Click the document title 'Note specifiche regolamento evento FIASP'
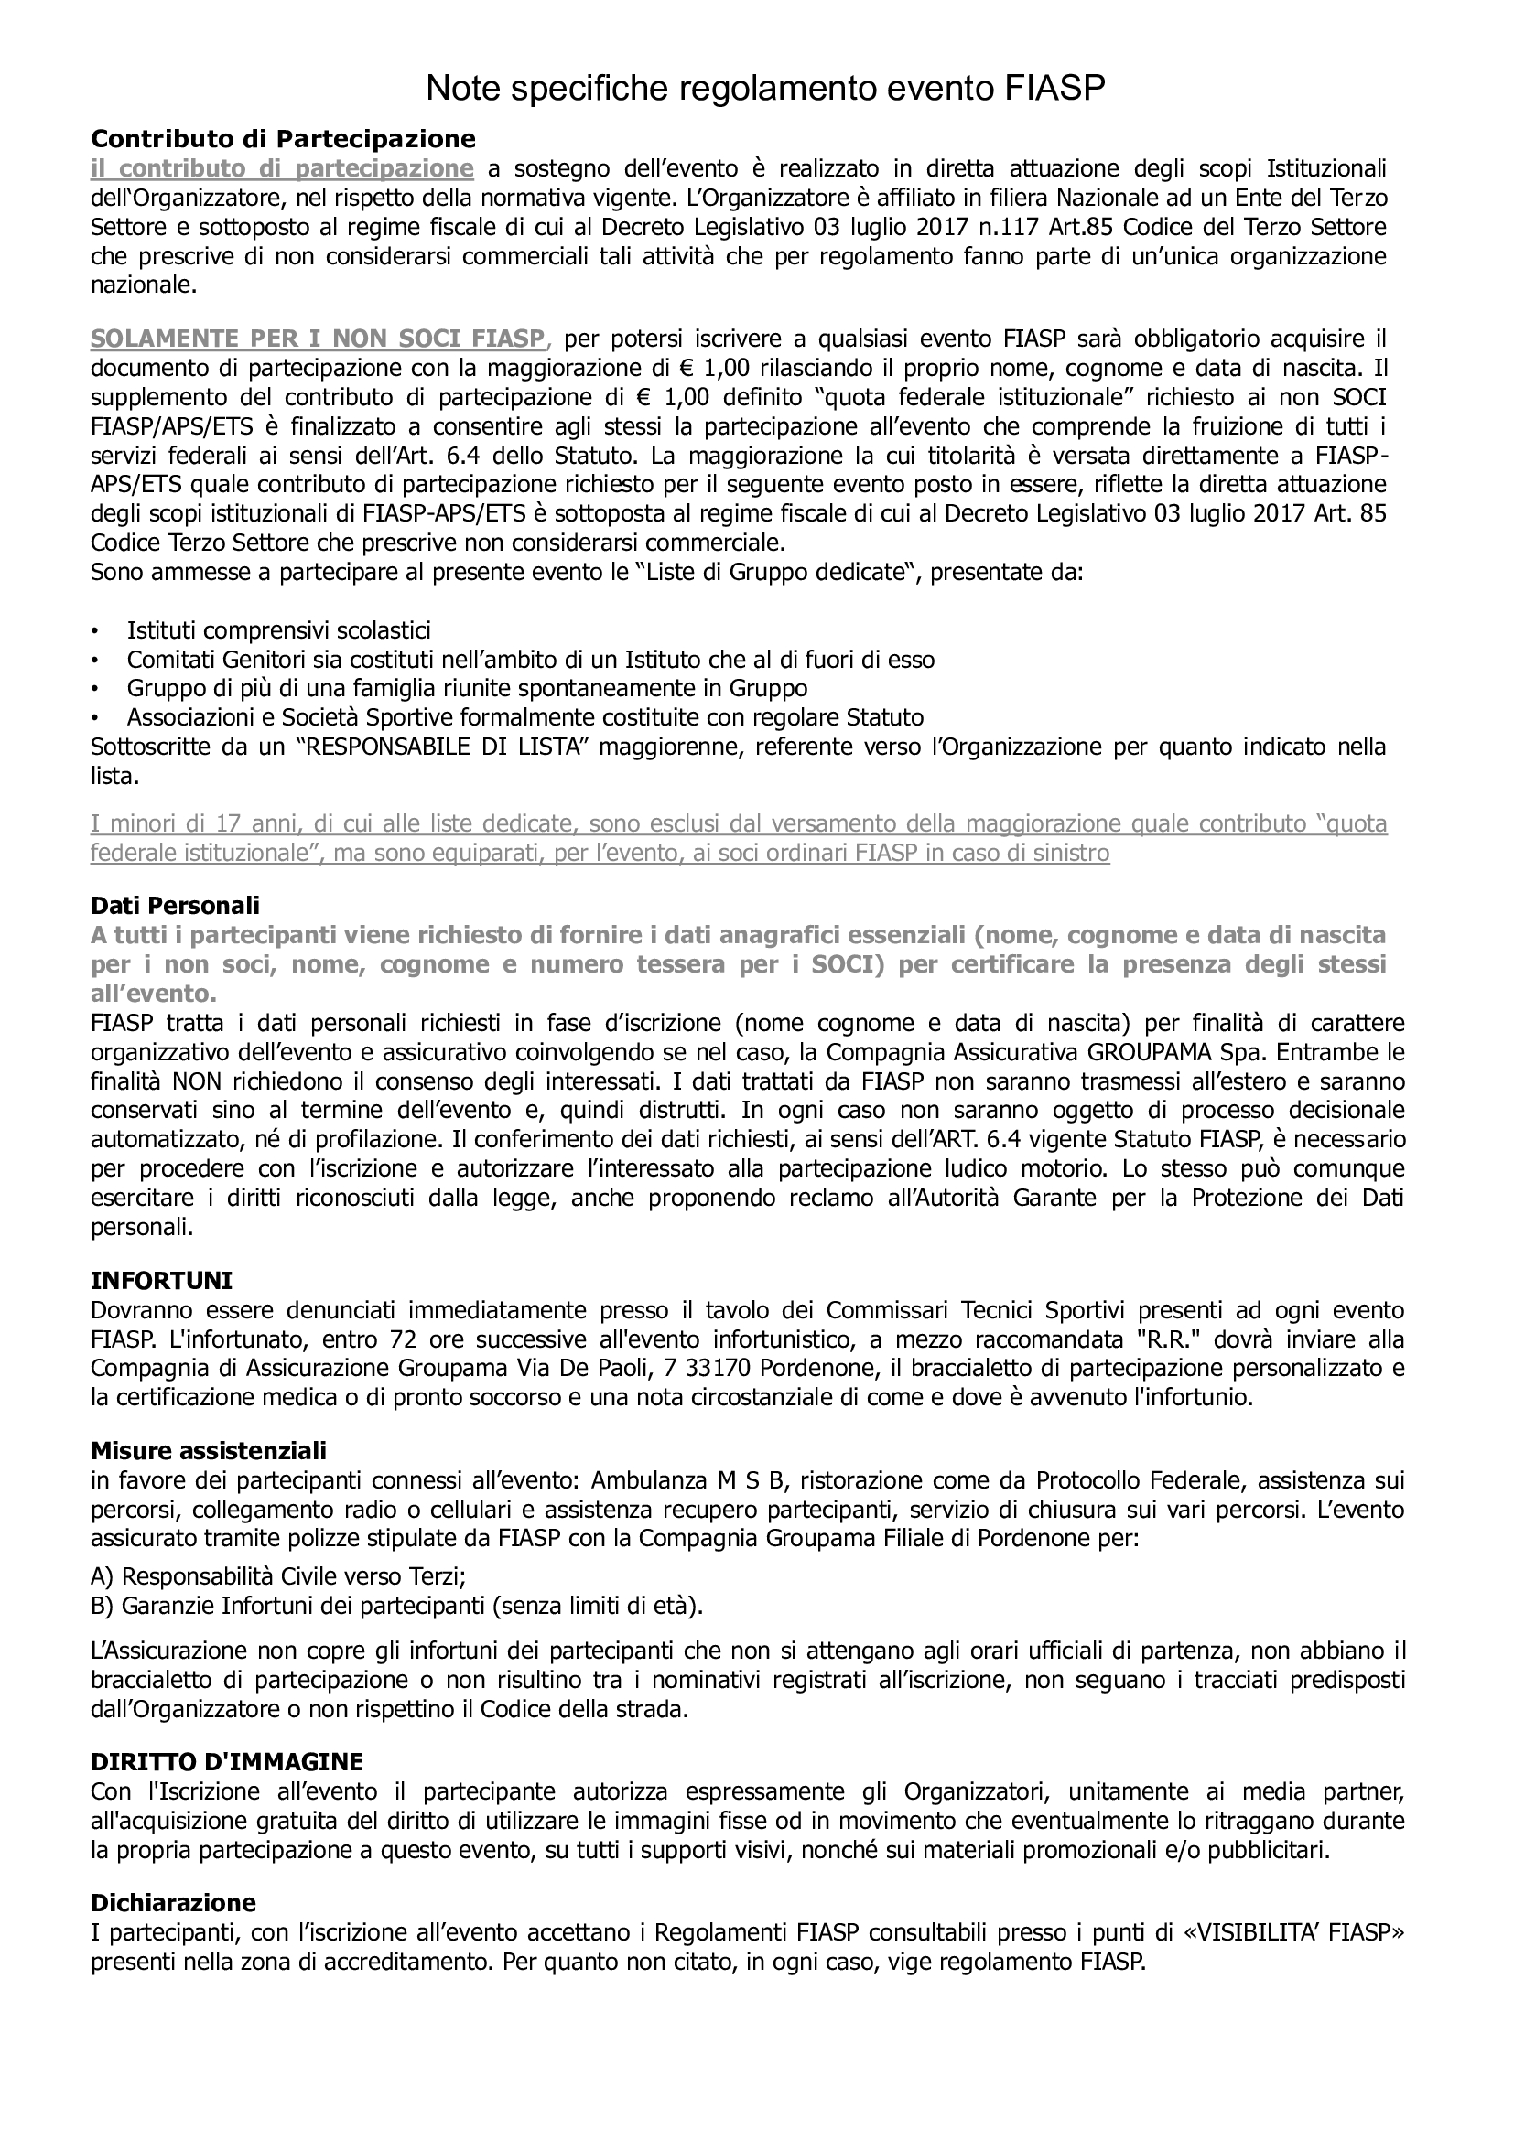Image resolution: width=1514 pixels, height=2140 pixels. click(x=764, y=89)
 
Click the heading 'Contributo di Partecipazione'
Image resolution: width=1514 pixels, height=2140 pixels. click(x=283, y=139)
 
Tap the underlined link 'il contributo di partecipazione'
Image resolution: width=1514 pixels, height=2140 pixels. click(x=283, y=168)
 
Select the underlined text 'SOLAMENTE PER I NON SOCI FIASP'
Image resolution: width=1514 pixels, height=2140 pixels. click(x=317, y=339)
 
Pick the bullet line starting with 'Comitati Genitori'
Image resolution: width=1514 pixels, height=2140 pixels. click(x=531, y=660)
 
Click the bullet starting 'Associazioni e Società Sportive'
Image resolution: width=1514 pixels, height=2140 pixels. click(x=524, y=717)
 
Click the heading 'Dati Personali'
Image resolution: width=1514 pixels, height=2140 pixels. click(x=175, y=905)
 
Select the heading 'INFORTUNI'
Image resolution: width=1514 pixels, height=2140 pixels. click(x=161, y=1281)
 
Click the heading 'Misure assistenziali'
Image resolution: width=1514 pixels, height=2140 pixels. click(x=209, y=1451)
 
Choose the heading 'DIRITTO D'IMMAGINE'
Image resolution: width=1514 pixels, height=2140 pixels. click(x=226, y=1761)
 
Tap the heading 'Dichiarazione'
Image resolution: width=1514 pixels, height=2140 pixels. click(x=173, y=1902)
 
